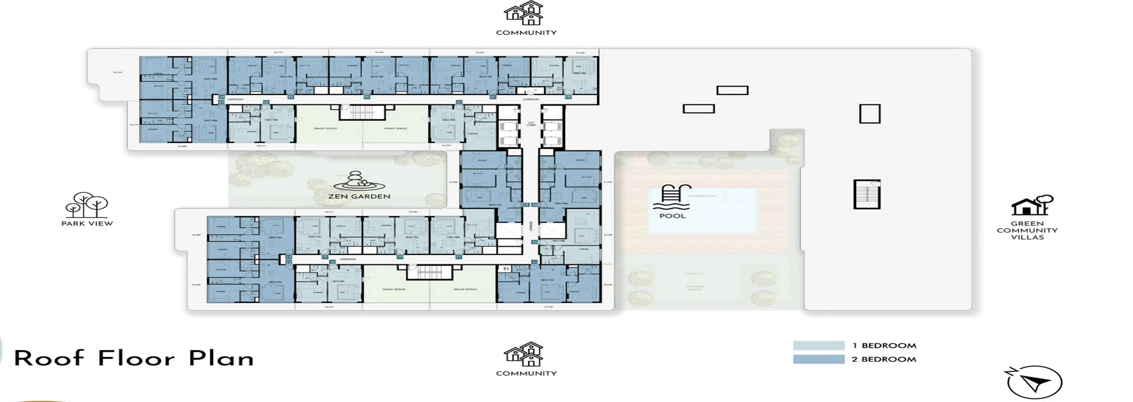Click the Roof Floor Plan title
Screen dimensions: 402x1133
134,358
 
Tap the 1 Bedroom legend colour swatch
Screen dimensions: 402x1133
818,346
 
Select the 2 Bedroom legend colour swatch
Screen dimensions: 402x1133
818,359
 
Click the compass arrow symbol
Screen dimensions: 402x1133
1034,383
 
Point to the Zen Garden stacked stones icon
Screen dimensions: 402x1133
358,181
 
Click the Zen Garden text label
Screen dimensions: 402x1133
359,197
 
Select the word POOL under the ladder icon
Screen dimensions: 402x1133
673,216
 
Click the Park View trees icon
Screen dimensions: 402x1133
87,204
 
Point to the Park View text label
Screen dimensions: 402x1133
87,224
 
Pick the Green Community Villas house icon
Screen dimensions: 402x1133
1032,205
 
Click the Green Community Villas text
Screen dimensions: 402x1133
1027,230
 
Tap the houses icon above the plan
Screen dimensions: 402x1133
525,13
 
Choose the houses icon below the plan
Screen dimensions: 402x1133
525,354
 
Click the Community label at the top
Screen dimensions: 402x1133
526,32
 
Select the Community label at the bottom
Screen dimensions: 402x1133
526,373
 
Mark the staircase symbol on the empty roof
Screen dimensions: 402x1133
867,194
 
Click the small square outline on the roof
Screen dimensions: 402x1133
870,113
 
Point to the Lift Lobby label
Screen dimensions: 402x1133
531,124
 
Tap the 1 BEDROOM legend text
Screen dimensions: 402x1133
884,346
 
